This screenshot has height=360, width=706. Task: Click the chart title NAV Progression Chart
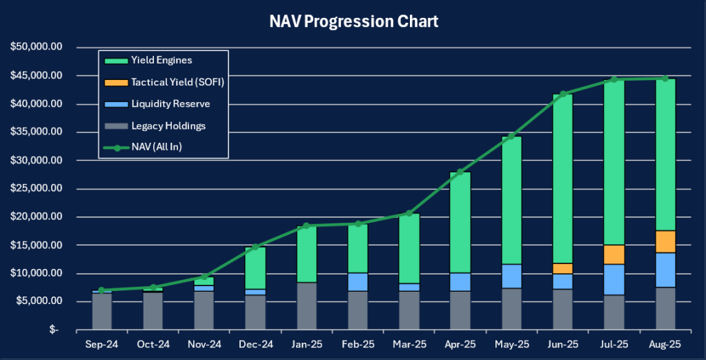[353, 21]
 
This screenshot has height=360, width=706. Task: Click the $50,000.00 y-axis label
[37, 48]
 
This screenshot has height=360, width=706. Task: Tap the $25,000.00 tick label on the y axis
[37, 189]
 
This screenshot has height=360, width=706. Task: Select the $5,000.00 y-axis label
[39, 301]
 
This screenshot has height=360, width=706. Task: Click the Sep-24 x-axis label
[102, 343]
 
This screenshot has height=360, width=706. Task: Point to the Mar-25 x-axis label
[409, 343]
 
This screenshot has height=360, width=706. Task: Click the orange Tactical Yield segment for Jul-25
[614, 254]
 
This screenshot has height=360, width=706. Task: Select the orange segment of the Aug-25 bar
[665, 241]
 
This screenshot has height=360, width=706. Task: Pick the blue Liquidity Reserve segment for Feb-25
[358, 282]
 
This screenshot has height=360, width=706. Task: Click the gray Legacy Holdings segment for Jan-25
[307, 306]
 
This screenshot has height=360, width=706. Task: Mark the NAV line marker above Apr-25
[461, 172]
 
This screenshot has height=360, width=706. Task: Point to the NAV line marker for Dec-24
[255, 247]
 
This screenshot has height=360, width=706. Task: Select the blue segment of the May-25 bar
[512, 276]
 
